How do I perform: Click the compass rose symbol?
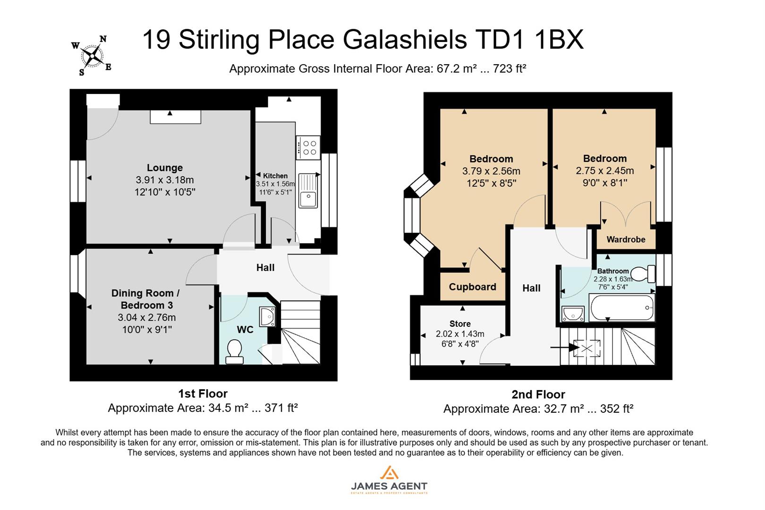click(x=93, y=56)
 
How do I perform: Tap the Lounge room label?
click(x=164, y=168)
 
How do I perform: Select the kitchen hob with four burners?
click(x=309, y=147)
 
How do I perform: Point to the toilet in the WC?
click(x=234, y=352)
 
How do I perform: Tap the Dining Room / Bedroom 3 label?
click(x=145, y=298)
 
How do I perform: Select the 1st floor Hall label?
click(x=265, y=268)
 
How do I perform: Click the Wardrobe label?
click(x=626, y=239)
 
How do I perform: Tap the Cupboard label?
click(x=472, y=287)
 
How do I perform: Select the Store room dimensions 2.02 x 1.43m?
click(x=459, y=334)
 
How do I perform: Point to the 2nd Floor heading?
click(x=538, y=394)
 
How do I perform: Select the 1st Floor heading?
click(x=203, y=393)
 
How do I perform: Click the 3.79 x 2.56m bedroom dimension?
click(x=491, y=171)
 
